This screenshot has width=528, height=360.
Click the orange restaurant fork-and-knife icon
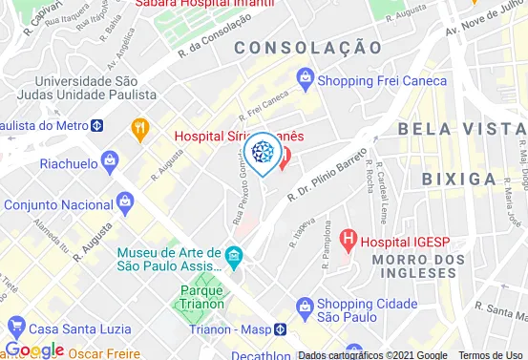pyautogui.click(x=140, y=127)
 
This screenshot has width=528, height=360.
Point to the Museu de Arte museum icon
pyautogui.click(x=234, y=255)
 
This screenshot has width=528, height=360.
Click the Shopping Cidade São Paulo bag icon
pyautogui.click(x=305, y=306)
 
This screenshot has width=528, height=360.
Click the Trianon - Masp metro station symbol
pyautogui.click(x=280, y=328)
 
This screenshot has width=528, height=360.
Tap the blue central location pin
pyautogui.click(x=261, y=154)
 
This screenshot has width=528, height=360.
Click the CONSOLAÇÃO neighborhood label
pyautogui.click(x=301, y=47)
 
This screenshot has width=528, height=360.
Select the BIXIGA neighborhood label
pyautogui.click(x=460, y=178)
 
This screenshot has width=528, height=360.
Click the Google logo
pyautogui.click(x=34, y=349)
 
